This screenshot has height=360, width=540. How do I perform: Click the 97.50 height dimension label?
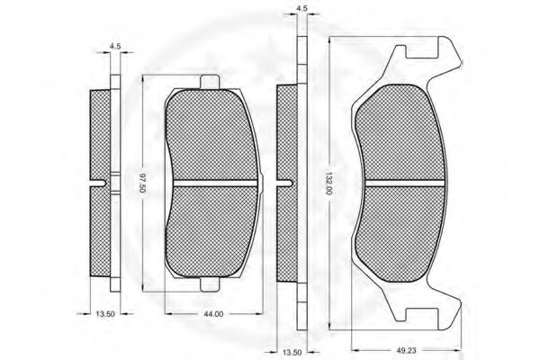[x=142, y=184]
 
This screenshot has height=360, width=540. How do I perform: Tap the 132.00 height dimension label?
[x=328, y=184]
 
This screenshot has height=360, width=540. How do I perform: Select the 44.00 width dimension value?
[x=213, y=314]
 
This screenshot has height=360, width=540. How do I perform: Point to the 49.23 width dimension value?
[x=407, y=350]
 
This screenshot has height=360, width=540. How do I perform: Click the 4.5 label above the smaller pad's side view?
[x=115, y=46]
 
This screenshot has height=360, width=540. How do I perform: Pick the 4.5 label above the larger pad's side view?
[x=301, y=9]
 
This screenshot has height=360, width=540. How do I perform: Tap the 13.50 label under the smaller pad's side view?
[x=105, y=314]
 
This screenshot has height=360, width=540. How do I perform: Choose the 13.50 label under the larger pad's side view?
[x=292, y=353]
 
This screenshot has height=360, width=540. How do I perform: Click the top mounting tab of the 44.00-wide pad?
[x=210, y=81]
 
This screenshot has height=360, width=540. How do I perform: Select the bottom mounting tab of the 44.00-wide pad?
[x=210, y=285]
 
